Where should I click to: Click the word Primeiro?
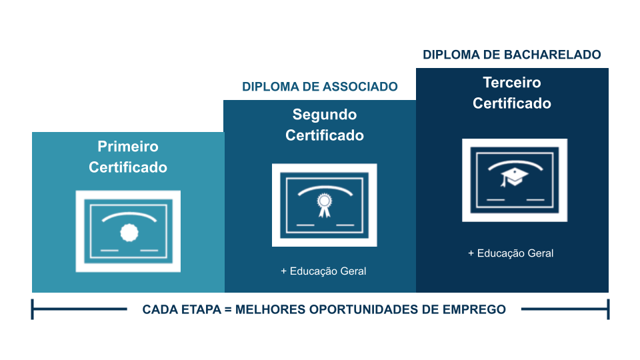click(x=128, y=146)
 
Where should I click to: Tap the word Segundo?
click(x=325, y=115)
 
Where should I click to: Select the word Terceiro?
click(x=512, y=83)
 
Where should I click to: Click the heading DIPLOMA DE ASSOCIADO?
click(x=319, y=87)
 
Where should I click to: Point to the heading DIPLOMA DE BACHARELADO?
click(x=512, y=55)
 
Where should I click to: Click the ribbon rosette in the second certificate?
click(x=325, y=205)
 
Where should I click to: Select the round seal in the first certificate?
click(x=129, y=233)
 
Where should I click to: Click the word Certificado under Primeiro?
click(x=128, y=167)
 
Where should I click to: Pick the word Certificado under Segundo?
click(x=325, y=135)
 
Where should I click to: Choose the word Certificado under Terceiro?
click(x=512, y=103)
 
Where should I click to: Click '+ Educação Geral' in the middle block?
click(x=323, y=271)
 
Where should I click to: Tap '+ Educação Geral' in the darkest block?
click(x=511, y=253)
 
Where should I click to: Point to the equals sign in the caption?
click(x=228, y=310)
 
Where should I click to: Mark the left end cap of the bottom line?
click(x=33, y=309)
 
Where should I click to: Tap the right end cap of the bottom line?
click(x=608, y=309)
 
